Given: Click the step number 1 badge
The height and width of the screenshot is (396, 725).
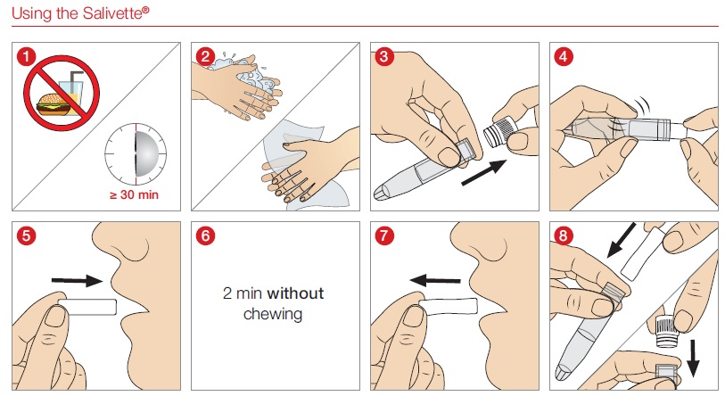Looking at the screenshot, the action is point(27,57).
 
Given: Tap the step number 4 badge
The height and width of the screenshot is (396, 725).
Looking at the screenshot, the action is point(564,57).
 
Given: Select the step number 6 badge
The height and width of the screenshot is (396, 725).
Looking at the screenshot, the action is point(205,236).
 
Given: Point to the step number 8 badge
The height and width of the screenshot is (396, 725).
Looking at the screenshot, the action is point(564,236).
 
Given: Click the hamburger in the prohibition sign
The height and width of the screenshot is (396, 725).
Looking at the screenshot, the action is point(54,104).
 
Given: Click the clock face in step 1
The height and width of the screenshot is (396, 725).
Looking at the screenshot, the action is point(136,155).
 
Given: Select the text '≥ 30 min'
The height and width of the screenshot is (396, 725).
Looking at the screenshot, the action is point(134,194).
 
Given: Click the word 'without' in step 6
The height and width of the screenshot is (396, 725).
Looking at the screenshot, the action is point(295,293).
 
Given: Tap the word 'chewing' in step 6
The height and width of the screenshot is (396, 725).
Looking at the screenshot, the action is point(273,314).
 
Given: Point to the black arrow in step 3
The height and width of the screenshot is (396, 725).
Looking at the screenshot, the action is point(484,172).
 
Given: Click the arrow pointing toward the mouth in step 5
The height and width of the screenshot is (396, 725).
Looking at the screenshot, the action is point(77,280).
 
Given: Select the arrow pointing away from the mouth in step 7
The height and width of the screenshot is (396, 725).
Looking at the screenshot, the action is point(435,280).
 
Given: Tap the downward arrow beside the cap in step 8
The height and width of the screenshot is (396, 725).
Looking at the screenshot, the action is point(693,358).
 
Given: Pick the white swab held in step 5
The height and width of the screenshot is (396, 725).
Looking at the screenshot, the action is point(88,307).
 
